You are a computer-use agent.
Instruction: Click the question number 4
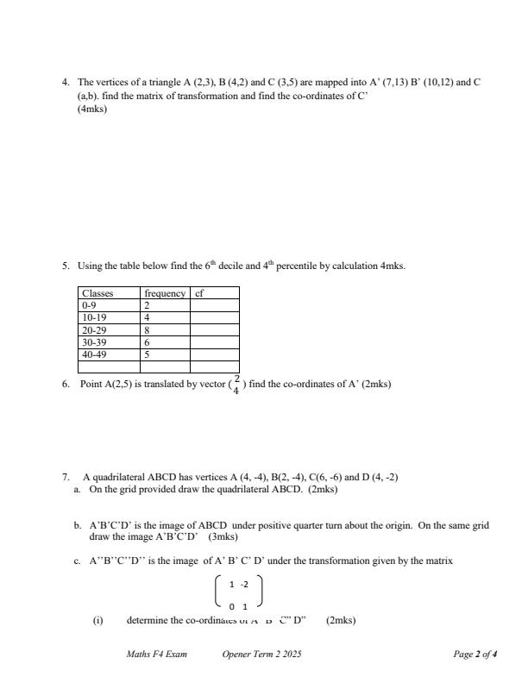pyautogui.click(x=65, y=83)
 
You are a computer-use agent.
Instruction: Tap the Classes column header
pyautogui.click(x=97, y=293)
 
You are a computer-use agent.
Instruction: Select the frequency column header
pyautogui.click(x=165, y=293)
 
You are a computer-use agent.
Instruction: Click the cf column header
pyautogui.click(x=199, y=293)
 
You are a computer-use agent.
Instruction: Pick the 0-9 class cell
pyautogui.click(x=90, y=305)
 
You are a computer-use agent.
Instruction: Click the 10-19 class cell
pyautogui.click(x=92, y=317)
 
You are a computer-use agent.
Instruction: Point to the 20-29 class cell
pyautogui.click(x=92, y=329)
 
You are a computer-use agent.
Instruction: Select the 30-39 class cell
pyautogui.click(x=92, y=341)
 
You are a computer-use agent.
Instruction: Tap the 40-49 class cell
pyautogui.click(x=92, y=354)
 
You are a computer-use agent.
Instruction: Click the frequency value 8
pyautogui.click(x=147, y=329)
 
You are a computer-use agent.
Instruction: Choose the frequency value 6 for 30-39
pyautogui.click(x=147, y=341)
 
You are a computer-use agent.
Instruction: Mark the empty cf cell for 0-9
pyautogui.click(x=214, y=305)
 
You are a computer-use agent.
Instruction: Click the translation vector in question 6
pyautogui.click(x=236, y=384)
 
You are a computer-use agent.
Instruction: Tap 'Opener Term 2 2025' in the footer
pyautogui.click(x=261, y=655)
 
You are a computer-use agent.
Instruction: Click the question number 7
pyautogui.click(x=65, y=477)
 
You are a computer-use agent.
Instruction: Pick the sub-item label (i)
pyautogui.click(x=99, y=619)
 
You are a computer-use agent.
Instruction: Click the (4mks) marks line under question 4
pyautogui.click(x=92, y=110)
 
